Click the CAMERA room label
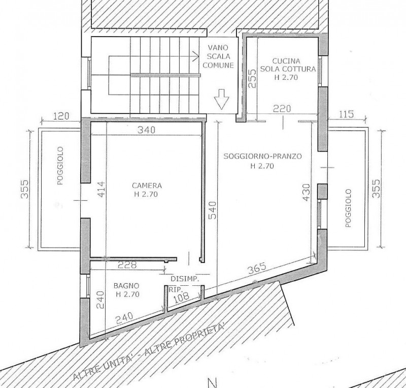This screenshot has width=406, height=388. coord(147,186)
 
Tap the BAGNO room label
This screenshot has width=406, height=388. coord(126,286)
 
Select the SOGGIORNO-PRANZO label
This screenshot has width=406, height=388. coord(262,156)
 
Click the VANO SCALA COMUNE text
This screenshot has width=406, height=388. coord(218,56)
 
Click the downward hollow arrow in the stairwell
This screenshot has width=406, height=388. coord(222,99)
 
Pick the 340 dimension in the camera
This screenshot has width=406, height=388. coord(147,130)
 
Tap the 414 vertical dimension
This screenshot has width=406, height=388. coord(101,189)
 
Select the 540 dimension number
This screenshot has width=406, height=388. coord(212,210)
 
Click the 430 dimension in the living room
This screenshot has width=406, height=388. coord(306,192)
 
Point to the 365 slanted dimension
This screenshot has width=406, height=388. coord(257,268)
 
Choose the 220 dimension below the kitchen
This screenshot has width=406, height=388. coord(282,108)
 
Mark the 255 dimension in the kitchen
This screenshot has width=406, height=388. coord(252,78)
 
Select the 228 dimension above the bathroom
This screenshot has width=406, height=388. coord(127,265)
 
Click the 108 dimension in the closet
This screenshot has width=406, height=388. coord(181,297)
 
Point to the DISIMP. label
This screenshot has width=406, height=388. coord(185,279)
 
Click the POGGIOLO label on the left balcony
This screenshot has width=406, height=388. coord(60,166)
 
